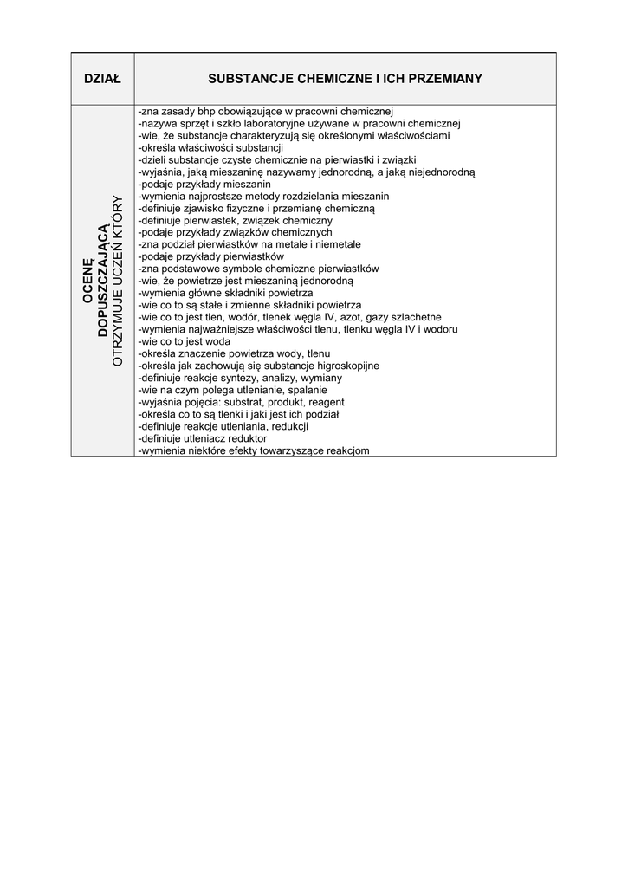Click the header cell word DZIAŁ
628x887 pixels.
[x=103, y=79]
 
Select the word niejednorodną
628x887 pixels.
[x=436, y=172]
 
